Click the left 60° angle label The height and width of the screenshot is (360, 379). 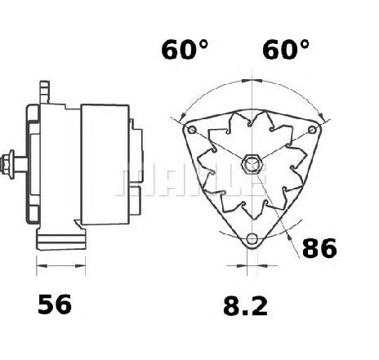tap(185, 50)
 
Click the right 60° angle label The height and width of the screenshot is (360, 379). tap(286, 50)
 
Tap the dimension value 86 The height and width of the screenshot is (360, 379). tap(319, 248)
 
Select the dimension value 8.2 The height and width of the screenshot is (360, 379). tap(245, 306)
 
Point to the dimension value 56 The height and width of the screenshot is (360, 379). tap(55, 304)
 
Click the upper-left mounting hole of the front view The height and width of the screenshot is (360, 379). tap(192, 130)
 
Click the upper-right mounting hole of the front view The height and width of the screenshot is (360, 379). tap(312, 130)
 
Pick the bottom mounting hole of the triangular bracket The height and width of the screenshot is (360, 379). tap(252, 239)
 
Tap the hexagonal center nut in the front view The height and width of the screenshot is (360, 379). tap(252, 164)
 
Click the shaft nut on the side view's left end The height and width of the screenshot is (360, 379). tap(7, 164)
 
